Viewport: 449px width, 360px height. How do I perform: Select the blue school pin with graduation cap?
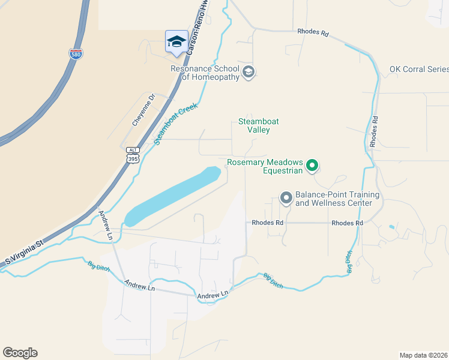pos(176,41)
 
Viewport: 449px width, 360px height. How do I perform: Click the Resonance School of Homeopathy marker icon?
pos(249,73)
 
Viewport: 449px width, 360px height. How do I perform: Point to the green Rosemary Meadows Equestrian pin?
pos(312,165)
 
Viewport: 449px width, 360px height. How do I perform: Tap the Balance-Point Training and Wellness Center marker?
pos(286,197)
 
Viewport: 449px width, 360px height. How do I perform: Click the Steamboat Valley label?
pos(259,125)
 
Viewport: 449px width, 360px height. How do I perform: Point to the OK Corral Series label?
pos(418,69)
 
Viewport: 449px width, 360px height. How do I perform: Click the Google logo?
pos(20,353)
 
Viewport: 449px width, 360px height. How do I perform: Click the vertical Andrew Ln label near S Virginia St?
pos(106,225)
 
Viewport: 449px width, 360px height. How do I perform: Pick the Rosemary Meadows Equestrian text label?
pos(265,166)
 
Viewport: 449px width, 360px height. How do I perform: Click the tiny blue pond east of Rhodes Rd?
pos(392,227)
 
